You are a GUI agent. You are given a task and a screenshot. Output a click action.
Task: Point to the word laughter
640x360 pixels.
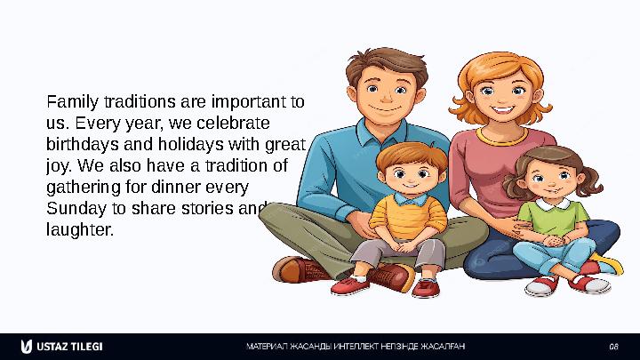80,230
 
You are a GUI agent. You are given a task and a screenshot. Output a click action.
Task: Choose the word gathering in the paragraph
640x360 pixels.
84,188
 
